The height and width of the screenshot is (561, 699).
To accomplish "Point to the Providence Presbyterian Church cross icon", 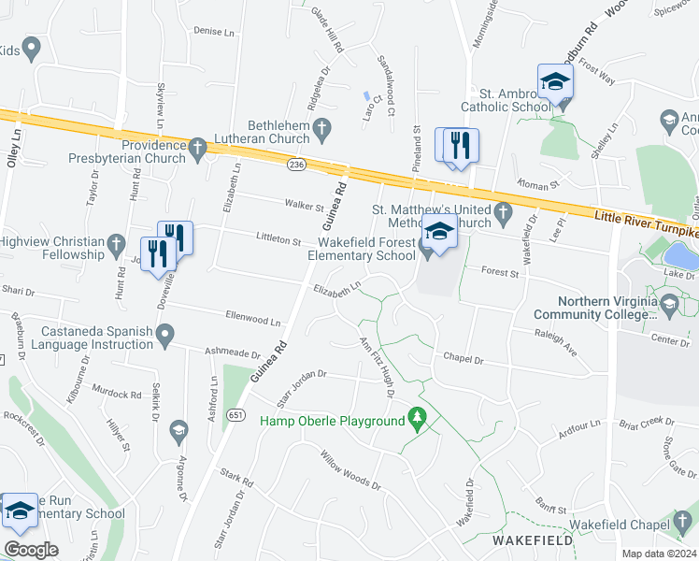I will click(x=197, y=147).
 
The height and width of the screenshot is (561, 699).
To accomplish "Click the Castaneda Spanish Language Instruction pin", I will click(x=165, y=333).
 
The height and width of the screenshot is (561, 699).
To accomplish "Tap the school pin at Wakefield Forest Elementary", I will click(x=439, y=231).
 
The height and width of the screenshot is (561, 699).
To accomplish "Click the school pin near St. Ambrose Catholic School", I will click(x=554, y=83).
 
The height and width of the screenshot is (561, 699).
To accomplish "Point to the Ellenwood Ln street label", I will click(x=252, y=320).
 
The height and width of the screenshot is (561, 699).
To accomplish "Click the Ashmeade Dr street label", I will click(x=232, y=353).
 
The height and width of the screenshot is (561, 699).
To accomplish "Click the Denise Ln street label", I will click(x=214, y=31).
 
